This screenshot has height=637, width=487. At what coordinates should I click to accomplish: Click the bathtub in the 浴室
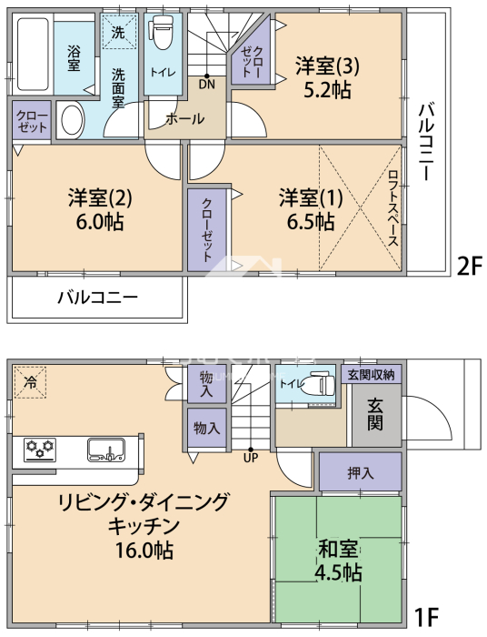click(x=34, y=54)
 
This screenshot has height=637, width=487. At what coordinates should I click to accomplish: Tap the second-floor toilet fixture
click(x=162, y=32)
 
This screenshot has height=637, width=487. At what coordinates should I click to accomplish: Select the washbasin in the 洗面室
click(x=73, y=120)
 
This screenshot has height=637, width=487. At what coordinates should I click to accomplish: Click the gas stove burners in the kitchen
click(x=40, y=450)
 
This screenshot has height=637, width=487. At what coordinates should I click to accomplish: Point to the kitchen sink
click(x=106, y=450)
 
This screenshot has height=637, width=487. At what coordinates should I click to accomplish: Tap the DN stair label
click(x=207, y=85)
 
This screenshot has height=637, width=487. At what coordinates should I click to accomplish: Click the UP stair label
click(x=251, y=458)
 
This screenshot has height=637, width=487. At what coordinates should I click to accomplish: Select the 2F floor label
click(x=469, y=267)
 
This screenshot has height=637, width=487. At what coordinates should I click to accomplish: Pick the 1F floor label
click(x=426, y=617)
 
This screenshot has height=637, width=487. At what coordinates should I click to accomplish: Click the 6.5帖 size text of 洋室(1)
click(x=311, y=222)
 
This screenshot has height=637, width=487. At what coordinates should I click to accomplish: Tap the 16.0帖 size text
click(x=144, y=551)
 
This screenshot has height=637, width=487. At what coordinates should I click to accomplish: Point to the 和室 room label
click(x=339, y=550)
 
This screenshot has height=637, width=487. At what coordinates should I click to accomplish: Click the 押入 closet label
click(x=361, y=473)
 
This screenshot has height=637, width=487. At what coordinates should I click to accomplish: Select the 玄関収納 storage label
click(x=371, y=375)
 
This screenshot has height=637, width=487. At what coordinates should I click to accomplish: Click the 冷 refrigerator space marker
click(x=30, y=382)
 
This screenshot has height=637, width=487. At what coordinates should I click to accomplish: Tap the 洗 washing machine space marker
click(x=118, y=33)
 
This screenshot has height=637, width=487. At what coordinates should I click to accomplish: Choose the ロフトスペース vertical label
click(x=393, y=207)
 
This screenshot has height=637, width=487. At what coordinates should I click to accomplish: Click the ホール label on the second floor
click(x=185, y=119)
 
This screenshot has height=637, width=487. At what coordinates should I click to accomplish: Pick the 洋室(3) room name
click(x=328, y=66)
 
